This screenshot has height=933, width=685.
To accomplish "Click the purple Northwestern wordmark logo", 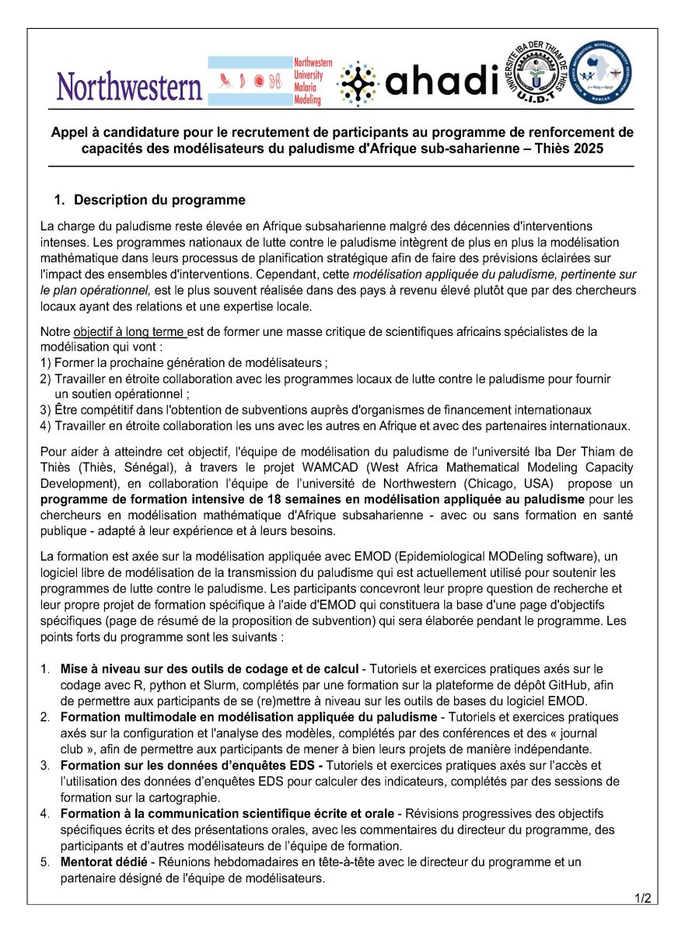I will [x=129, y=86].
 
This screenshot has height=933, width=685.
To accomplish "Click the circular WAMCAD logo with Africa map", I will [x=600, y=73].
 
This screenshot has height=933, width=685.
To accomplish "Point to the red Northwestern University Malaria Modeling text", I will [x=313, y=81].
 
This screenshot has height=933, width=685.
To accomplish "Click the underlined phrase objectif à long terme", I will [x=129, y=332].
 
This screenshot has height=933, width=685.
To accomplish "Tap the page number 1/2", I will [x=642, y=899].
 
